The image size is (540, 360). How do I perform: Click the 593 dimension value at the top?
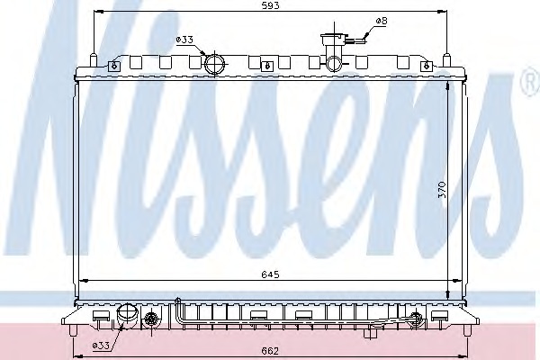tap(270, 5)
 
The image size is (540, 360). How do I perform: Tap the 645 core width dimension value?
tap(270, 274)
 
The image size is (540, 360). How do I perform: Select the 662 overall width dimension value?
tap(270, 351)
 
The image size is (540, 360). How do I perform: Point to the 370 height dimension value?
tap(442, 190)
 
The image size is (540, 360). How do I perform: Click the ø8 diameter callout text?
tap(382, 21)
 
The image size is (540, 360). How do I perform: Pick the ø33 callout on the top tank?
tap(184, 40)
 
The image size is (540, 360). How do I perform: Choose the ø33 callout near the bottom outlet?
tap(101, 346)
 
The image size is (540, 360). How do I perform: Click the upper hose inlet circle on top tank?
tap(214, 64)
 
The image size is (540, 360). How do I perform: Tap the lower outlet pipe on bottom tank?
tap(128, 314)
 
